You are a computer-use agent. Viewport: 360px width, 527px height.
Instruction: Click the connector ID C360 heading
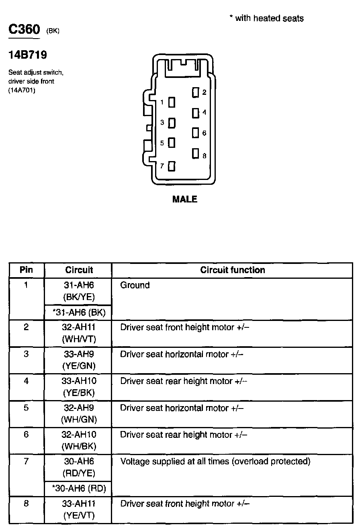25,30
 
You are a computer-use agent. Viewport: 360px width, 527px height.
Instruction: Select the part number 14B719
28,55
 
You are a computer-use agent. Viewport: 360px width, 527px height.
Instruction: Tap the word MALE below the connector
184,199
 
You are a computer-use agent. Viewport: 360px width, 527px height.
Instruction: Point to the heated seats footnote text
266,18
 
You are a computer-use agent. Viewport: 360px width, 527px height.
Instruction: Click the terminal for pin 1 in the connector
172,102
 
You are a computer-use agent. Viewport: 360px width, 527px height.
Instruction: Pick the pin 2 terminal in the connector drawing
196,93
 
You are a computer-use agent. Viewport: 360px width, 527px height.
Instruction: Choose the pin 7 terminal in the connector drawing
172,166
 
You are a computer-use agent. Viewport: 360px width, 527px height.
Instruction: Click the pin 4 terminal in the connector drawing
196,113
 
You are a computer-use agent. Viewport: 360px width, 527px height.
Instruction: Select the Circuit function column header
232,270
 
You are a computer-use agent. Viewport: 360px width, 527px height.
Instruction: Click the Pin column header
27,270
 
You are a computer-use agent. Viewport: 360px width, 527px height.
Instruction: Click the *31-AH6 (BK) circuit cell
78,312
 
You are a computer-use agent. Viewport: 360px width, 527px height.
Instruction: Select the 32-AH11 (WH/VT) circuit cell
79,333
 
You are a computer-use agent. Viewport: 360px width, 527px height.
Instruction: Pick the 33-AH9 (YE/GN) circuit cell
79,360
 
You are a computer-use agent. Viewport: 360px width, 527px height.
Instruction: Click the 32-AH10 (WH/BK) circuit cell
79,440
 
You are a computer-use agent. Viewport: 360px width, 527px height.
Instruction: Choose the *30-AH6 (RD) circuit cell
78,488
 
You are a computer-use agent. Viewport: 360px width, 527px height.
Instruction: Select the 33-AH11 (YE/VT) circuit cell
79,509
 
